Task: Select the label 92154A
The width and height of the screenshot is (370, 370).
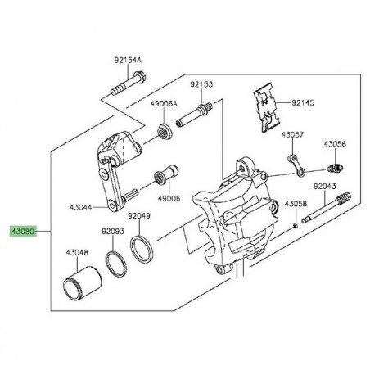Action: [127, 60]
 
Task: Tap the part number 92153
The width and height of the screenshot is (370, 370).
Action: [201, 83]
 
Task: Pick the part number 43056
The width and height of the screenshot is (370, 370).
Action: [334, 143]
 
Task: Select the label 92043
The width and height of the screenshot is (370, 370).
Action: [324, 187]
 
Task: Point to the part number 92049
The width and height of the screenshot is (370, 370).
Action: [139, 216]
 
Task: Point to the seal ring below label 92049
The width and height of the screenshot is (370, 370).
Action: [143, 245]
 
